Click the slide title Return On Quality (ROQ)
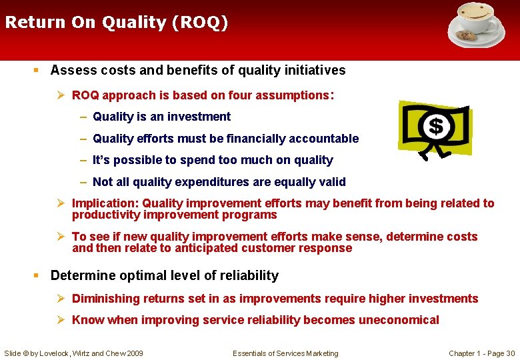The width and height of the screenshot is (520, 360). [117, 23]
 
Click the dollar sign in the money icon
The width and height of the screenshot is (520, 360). [435, 126]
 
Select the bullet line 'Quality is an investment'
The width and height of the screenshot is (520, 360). [161, 117]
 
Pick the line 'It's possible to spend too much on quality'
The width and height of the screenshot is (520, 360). [213, 160]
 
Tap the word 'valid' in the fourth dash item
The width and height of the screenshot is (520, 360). [331, 182]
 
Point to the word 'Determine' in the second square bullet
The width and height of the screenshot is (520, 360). [81, 275]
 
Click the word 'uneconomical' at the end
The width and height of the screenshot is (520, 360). [399, 320]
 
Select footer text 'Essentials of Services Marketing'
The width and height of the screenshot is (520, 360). [285, 353]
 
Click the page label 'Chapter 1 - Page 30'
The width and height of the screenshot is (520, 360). [481, 353]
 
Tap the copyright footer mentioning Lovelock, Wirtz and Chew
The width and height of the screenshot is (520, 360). [73, 353]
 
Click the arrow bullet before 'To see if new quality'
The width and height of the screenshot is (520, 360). [63, 237]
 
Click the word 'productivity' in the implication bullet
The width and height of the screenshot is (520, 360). [105, 215]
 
